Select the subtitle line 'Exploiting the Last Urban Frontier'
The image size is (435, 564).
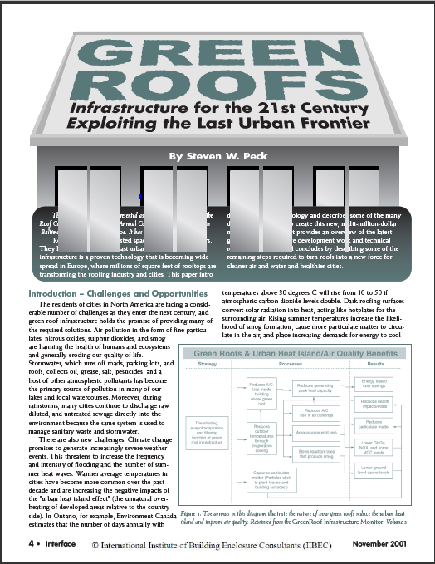point(217,125)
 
